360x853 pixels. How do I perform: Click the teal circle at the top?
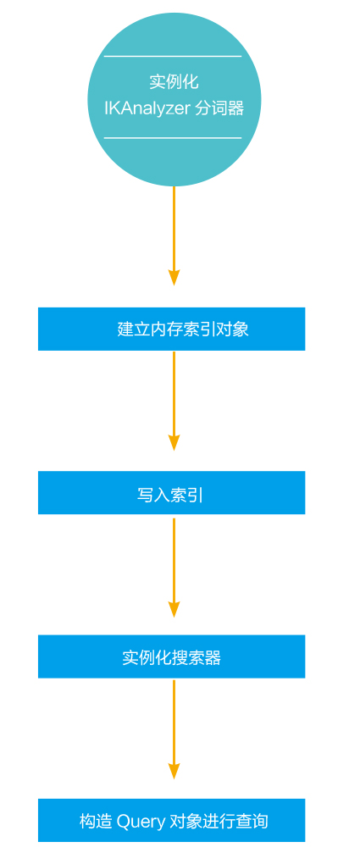174,100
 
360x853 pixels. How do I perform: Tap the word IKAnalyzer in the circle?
147,108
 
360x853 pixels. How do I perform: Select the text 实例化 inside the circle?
174,82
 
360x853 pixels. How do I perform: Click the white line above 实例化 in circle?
173,56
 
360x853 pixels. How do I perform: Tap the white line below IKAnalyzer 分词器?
173,137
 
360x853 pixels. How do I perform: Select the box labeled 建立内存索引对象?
171,329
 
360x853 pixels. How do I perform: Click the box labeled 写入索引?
171,492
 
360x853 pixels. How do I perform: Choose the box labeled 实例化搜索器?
171,656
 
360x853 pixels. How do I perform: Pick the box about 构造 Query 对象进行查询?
171,820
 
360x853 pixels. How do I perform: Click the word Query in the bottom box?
141,821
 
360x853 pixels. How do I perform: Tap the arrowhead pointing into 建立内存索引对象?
174,278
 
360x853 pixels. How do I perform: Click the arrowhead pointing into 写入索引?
174,442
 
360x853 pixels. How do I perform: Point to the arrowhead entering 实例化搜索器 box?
174,609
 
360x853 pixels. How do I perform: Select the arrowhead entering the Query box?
174,771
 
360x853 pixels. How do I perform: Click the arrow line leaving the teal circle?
174,236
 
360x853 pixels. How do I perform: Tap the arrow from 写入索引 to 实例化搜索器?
174,568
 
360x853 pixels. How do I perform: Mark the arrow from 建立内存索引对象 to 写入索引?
174,401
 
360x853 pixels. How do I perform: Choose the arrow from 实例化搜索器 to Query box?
174,729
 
